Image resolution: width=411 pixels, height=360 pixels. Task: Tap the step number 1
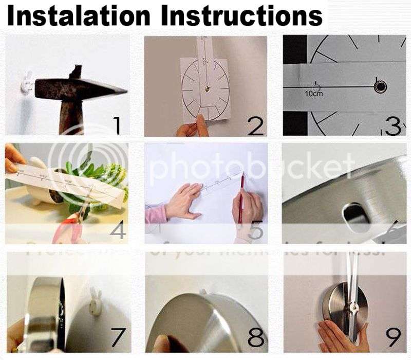point(117,125)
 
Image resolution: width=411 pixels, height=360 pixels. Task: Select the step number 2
point(255,125)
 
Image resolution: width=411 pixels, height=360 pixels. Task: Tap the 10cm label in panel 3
point(313,94)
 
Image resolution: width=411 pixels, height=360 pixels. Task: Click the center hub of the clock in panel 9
point(354,307)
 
